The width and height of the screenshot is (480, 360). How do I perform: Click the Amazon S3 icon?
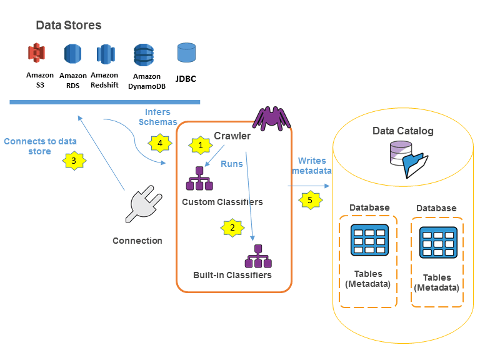click(x=39, y=54)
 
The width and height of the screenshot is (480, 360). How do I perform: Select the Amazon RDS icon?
click(x=72, y=55)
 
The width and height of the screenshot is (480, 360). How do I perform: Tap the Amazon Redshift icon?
click(x=105, y=54)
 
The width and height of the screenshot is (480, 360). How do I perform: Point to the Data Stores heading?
click(x=68, y=26)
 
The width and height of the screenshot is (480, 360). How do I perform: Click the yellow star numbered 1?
click(x=201, y=145)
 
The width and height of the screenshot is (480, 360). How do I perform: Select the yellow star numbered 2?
click(x=232, y=227)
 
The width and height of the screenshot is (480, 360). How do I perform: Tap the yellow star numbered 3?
click(x=74, y=161)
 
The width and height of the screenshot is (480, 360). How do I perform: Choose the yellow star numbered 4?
click(x=159, y=143)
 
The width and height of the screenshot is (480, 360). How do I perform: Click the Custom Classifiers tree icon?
click(x=199, y=179)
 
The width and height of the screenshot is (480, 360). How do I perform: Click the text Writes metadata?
click(x=311, y=166)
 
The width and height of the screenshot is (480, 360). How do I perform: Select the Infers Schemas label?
click(x=157, y=117)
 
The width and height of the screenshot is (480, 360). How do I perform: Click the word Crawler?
click(x=232, y=136)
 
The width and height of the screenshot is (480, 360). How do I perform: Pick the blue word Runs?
click(x=232, y=164)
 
